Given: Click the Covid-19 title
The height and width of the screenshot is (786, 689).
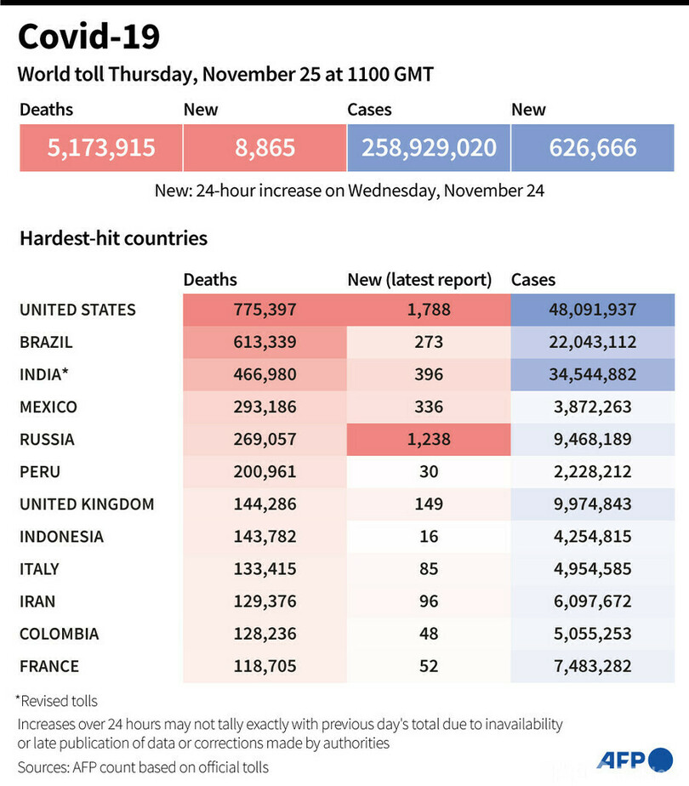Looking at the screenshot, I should (88, 37).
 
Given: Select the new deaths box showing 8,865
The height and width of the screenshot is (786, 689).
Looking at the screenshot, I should (265, 148).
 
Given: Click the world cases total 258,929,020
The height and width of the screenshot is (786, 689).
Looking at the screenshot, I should (429, 148).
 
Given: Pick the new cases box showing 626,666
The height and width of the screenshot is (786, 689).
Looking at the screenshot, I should (593, 148).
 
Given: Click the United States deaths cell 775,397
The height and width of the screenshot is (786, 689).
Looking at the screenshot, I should (265, 310).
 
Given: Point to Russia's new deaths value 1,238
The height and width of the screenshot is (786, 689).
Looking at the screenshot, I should (429, 439).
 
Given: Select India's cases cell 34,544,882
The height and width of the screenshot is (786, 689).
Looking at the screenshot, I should (593, 374).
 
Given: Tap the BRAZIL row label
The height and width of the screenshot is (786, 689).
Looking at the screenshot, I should (46, 342).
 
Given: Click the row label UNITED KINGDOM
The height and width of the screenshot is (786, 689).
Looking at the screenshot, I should (87, 504).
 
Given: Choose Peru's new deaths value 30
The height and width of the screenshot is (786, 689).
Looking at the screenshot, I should (429, 471).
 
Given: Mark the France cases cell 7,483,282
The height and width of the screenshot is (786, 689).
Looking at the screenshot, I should (593, 665).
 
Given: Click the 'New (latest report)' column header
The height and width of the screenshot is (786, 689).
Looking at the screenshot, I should (419, 279).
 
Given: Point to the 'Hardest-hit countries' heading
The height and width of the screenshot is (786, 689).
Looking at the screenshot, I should (113, 238).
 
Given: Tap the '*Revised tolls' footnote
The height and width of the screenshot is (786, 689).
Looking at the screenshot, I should (56, 701).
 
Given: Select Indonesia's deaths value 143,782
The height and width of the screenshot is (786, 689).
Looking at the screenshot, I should (265, 536).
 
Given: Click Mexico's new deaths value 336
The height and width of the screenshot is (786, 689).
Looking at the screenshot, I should (429, 407).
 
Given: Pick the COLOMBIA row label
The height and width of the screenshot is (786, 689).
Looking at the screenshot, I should (59, 633).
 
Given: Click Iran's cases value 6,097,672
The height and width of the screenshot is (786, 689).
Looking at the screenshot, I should (593, 601).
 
